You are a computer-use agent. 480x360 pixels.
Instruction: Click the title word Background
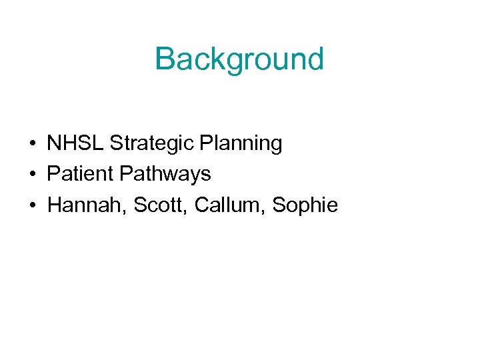(239, 59)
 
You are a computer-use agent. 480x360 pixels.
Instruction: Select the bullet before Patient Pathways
(32, 175)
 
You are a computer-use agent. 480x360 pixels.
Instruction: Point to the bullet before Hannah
(32, 206)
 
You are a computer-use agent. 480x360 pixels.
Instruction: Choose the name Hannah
(85, 205)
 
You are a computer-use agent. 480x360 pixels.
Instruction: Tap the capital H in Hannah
(55, 205)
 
